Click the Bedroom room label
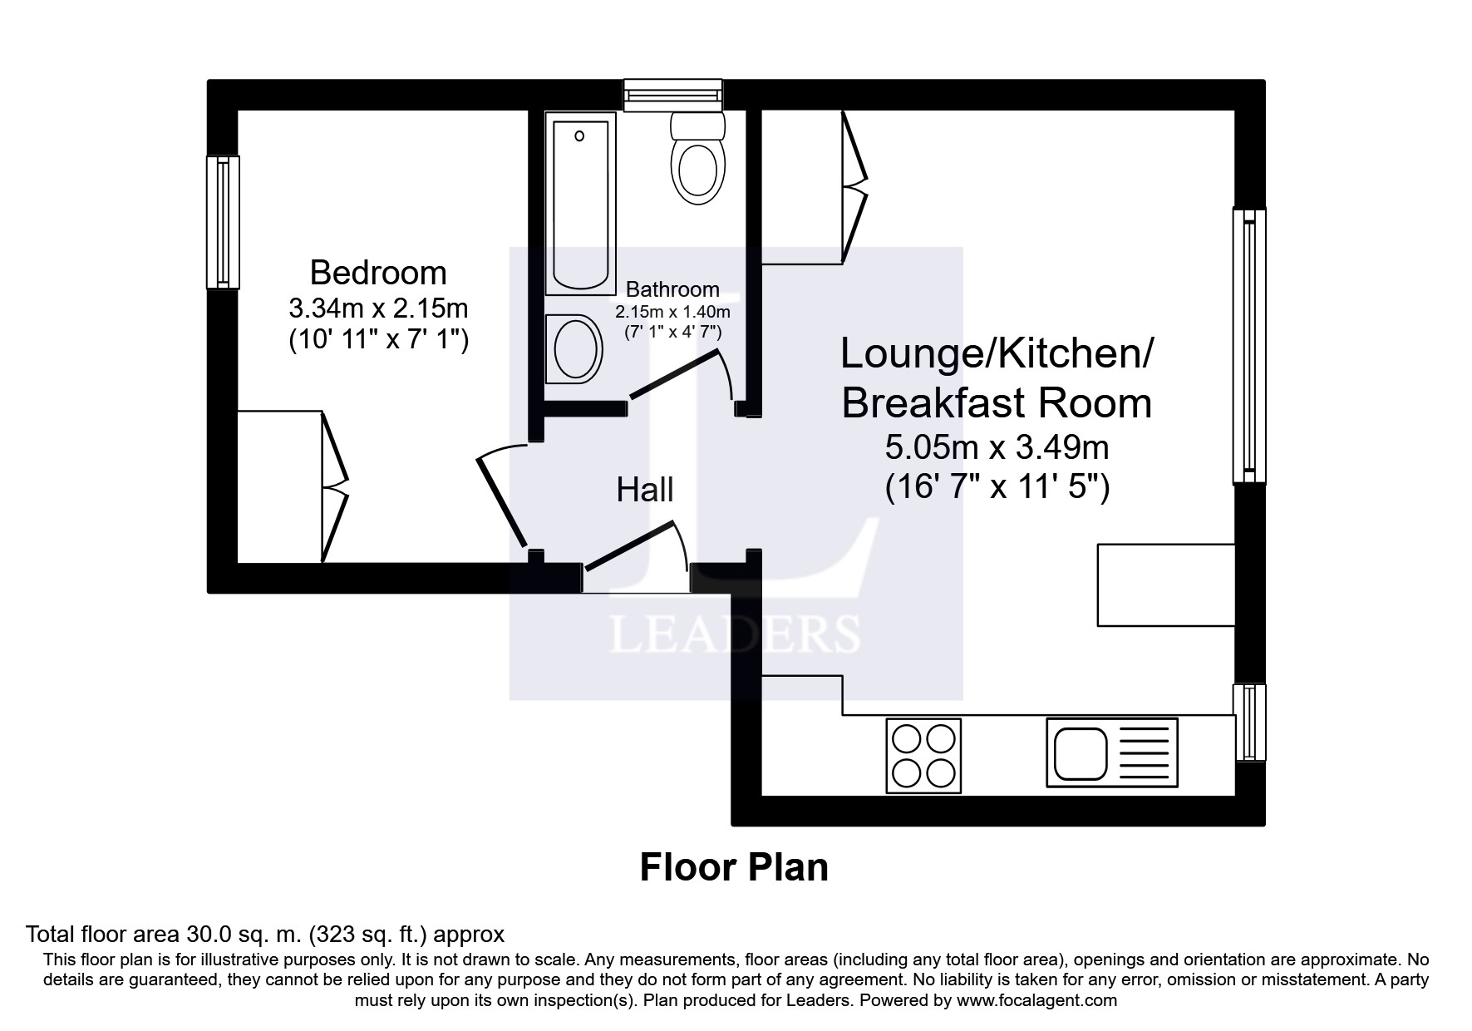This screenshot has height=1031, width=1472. [x=378, y=273]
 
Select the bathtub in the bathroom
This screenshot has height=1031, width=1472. [x=580, y=205]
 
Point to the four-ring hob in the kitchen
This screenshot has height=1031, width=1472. [x=923, y=755]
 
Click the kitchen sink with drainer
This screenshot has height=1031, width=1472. [x=1111, y=752]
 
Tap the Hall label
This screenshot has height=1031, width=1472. [x=644, y=490]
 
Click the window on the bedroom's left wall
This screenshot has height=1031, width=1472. [x=223, y=222]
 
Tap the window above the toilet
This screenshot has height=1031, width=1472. [x=673, y=95]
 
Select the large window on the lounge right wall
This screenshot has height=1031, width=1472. [x=1248, y=345]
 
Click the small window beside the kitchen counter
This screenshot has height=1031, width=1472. [x=1248, y=722]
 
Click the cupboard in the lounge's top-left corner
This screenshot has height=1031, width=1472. [x=803, y=187]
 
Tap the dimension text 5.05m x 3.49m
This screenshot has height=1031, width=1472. [x=997, y=448]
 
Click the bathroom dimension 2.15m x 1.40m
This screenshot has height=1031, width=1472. [x=672, y=313]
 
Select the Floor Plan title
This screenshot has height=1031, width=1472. [x=734, y=867]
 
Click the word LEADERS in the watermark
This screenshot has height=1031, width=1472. [x=735, y=634]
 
